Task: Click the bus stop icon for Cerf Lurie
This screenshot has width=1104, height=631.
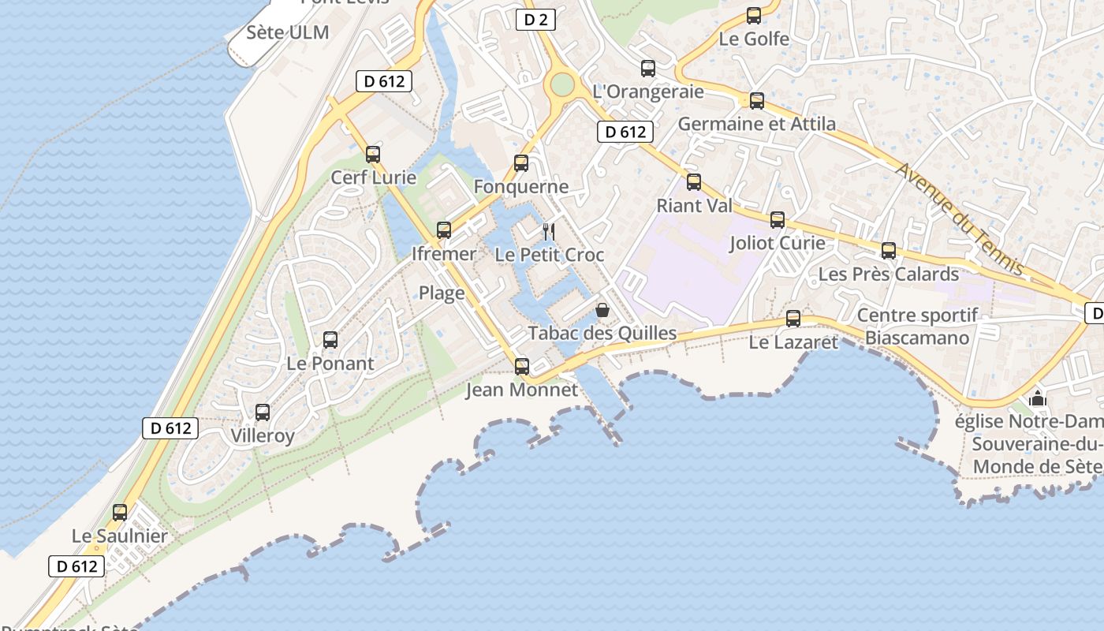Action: tap(373, 155)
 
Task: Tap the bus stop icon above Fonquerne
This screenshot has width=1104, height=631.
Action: tap(521, 163)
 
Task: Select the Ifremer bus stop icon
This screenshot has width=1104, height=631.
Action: tap(444, 230)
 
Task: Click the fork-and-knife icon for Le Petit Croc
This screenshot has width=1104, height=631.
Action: tap(549, 232)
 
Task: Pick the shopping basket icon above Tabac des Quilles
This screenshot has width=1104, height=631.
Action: tap(602, 310)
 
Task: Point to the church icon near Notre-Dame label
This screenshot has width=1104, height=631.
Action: tap(1038, 398)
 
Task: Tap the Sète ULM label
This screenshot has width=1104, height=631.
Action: tap(287, 32)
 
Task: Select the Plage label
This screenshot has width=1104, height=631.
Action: tap(442, 293)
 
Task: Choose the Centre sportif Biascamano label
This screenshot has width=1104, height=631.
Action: tap(917, 327)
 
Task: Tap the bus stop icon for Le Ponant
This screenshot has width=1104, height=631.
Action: tap(330, 340)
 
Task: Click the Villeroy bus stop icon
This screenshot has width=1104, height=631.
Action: tap(263, 413)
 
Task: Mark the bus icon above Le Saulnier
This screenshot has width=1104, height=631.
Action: tap(120, 513)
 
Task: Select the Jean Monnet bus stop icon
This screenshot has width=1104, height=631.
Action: tap(521, 367)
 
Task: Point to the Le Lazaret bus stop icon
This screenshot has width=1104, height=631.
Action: tap(793, 319)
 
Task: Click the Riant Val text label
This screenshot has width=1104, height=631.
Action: tap(695, 206)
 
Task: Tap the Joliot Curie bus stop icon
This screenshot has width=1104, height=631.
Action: tap(778, 220)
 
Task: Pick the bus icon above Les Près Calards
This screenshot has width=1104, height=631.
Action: tap(889, 251)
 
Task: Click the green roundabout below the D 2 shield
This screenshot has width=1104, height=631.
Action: tap(561, 84)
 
